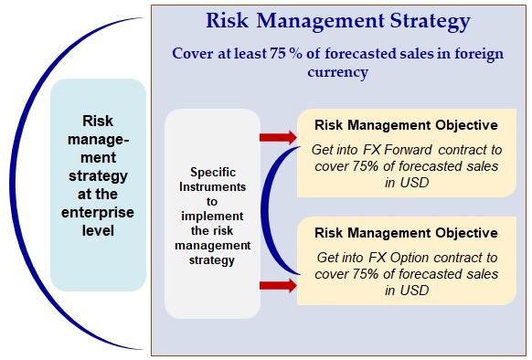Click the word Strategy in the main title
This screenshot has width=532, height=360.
[x=430, y=21]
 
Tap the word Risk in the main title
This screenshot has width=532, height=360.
[x=227, y=20]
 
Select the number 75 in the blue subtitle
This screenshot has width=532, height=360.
[x=277, y=53]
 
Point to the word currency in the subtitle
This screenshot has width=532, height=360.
[x=338, y=72]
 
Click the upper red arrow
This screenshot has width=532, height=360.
[x=278, y=137]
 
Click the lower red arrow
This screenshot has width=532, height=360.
[x=278, y=285]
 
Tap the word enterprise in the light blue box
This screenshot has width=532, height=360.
[x=98, y=213]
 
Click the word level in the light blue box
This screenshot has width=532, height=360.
[x=98, y=231]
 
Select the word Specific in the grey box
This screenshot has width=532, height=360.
[x=213, y=173]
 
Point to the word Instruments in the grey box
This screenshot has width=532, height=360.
[x=212, y=187]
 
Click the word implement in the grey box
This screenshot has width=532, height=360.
[x=212, y=217]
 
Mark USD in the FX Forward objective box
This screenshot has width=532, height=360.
[x=414, y=183]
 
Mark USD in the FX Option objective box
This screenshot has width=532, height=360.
[x=414, y=291]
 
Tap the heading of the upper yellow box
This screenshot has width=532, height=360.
[x=406, y=125]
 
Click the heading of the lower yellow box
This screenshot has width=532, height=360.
[x=406, y=233]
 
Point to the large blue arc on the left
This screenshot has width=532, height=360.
[x=12, y=184]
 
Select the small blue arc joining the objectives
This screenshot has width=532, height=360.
[x=263, y=210]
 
